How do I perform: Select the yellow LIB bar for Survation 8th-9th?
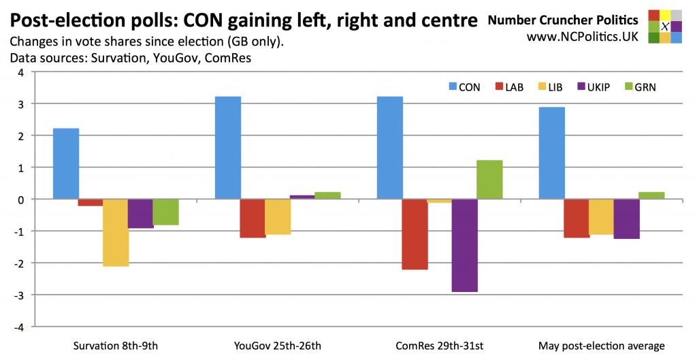click(x=116, y=232)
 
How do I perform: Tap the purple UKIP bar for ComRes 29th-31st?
click(x=465, y=245)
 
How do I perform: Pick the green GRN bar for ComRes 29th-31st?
click(x=489, y=180)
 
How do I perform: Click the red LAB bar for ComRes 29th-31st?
click(x=415, y=234)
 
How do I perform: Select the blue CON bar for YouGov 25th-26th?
click(x=228, y=148)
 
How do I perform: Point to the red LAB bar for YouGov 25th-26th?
click(x=253, y=218)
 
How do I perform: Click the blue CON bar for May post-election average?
click(x=552, y=153)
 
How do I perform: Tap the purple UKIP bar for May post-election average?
click(x=626, y=218)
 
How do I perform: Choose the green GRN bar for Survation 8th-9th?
click(x=165, y=212)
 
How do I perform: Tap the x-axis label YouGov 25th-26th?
click(x=277, y=346)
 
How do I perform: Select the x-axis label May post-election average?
click(x=601, y=346)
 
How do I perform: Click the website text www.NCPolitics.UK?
click(x=582, y=37)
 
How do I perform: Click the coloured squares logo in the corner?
click(x=664, y=27)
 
